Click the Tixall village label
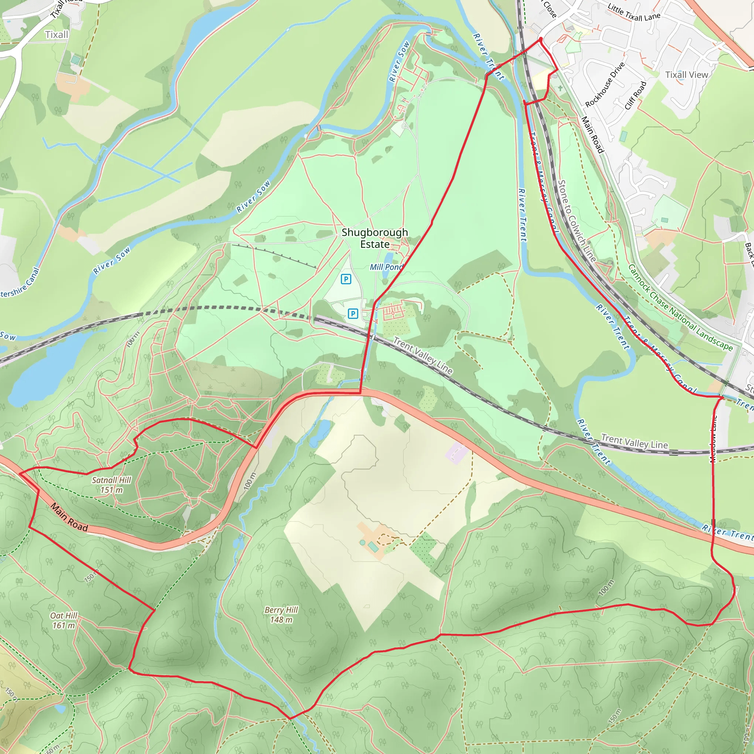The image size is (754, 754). coord(57,35)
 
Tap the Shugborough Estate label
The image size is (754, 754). coord(374,238)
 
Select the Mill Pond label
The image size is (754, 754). coord(385,267)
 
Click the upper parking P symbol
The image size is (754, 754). coord(346,279)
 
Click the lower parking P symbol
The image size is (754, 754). coord(353,313)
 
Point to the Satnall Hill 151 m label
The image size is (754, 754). coord(112,485)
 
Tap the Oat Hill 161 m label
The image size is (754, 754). coord(64,620)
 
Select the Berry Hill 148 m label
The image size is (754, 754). coord(281,614)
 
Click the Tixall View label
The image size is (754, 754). coord(686,75)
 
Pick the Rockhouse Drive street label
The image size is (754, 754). coord(605,85)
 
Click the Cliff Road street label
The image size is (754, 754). coord(635,96)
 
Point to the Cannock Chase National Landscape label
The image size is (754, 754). coord(680,307)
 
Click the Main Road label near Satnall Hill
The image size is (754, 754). coord(69,518)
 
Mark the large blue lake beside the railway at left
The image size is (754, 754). coord(43,371)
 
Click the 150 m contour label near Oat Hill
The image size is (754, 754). coord(90,577)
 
